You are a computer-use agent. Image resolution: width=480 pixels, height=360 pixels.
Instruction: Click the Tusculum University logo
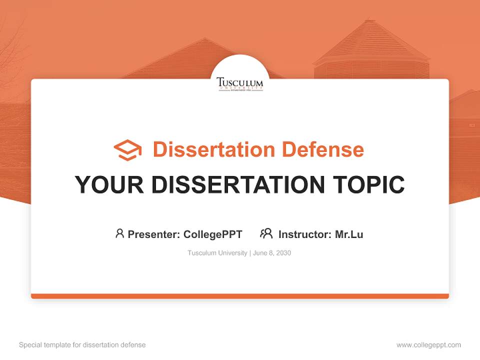(240, 83)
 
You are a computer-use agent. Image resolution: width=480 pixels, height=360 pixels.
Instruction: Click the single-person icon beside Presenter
(119, 233)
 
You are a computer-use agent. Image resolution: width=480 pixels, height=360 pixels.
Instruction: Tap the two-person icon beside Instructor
(266, 233)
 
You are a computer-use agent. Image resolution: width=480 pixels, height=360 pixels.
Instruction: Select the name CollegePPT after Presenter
(213, 234)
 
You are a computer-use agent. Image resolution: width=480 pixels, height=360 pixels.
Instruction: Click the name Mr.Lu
(349, 234)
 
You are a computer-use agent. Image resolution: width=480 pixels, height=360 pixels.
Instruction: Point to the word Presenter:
(154, 234)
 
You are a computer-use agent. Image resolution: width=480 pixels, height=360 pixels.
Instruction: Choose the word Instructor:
(305, 234)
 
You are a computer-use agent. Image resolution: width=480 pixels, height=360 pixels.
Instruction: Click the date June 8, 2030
(272, 253)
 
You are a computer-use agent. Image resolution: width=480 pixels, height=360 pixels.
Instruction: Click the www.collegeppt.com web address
(428, 345)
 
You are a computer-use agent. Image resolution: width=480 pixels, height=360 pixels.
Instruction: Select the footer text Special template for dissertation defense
(82, 345)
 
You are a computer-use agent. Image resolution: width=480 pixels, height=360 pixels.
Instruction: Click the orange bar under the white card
(240, 296)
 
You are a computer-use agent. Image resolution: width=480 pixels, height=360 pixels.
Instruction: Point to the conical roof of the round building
(370, 42)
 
